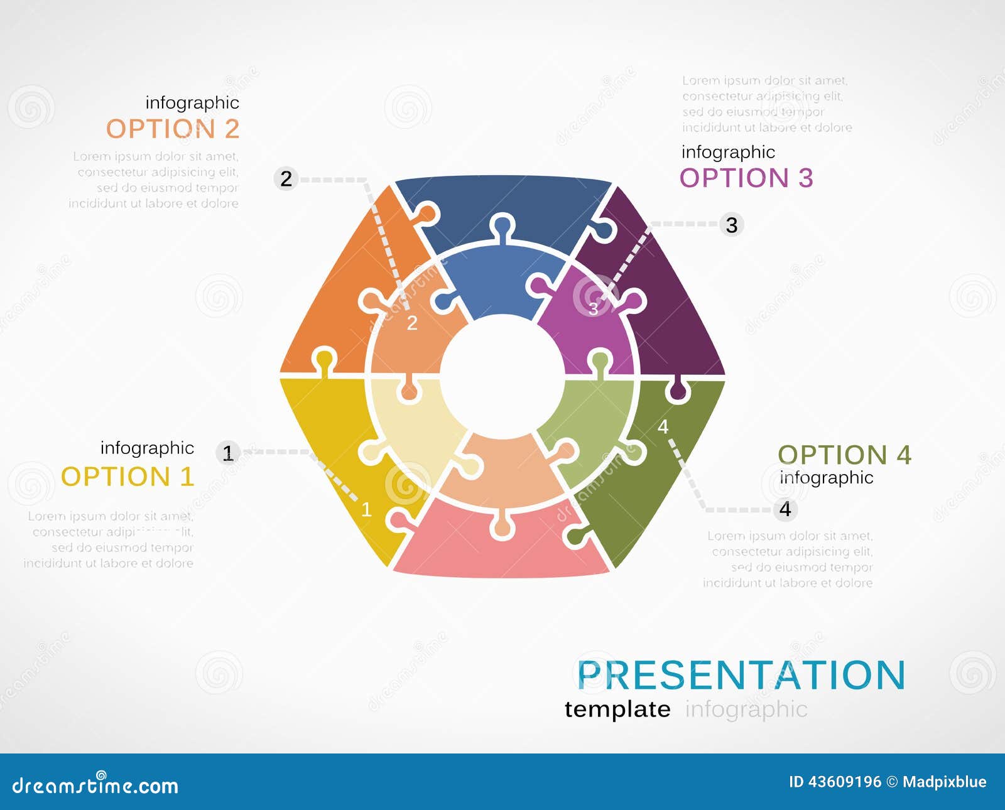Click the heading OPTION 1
coord(128,477)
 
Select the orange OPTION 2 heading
coord(173,129)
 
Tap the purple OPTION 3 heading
coord(746,178)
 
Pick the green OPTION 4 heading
coord(844,455)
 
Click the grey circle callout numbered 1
coord(228,452)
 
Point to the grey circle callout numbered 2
coord(286,179)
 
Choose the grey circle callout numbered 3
coord(732,225)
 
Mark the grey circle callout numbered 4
coord(785,509)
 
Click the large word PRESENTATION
coord(741,675)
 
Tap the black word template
coord(617,709)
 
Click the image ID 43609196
coord(835,782)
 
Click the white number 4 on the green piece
coord(663,427)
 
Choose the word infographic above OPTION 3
coord(728,152)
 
